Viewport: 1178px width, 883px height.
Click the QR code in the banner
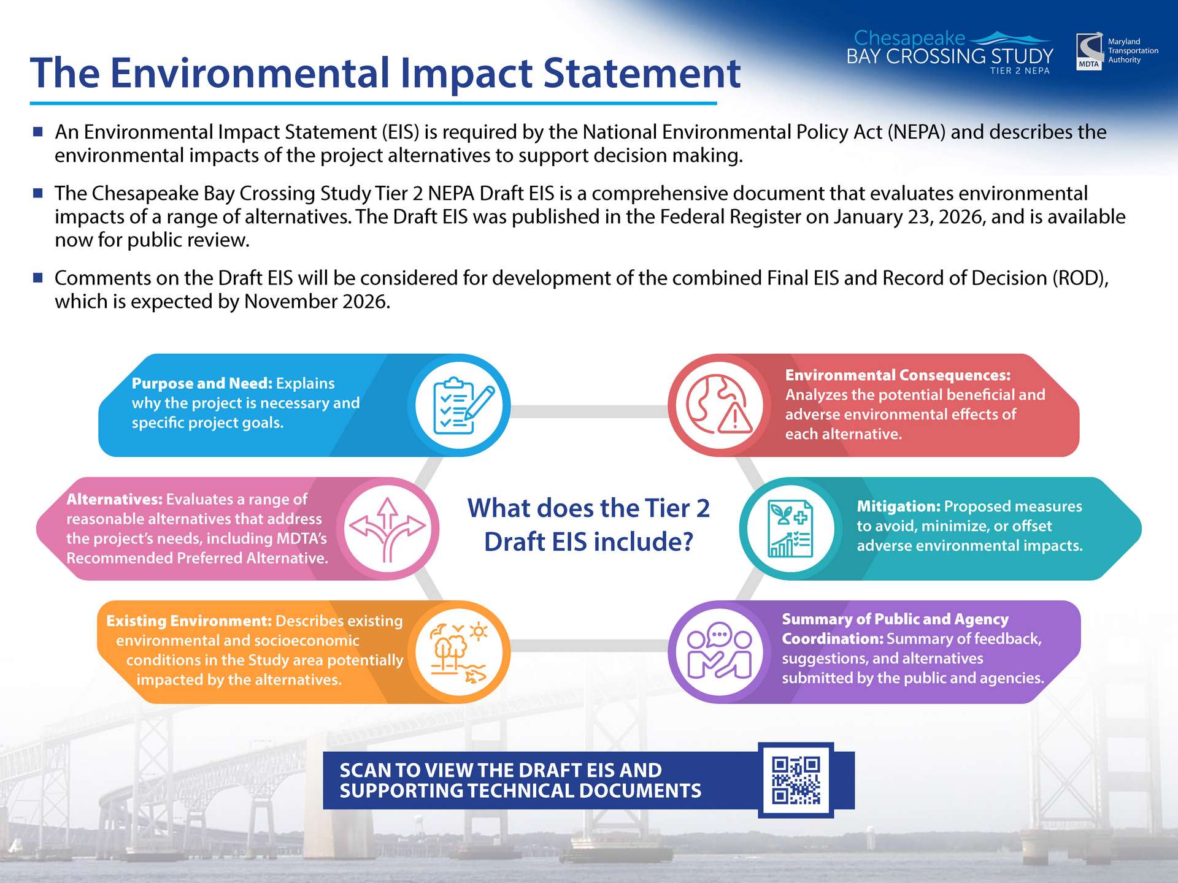coord(796,781)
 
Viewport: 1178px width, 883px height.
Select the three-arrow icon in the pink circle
coord(387,529)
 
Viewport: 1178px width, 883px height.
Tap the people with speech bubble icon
coord(719,651)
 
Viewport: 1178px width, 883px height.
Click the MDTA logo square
coord(1090,52)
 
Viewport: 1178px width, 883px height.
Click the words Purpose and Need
coord(202,383)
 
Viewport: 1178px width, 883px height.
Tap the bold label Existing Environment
coord(189,621)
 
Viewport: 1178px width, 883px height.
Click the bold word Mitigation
coord(899,506)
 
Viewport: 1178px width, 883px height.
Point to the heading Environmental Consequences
coord(898,375)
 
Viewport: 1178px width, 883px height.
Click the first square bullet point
coord(38,131)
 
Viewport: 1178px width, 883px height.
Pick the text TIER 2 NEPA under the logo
coord(1020,71)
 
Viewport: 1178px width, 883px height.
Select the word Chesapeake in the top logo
coord(909,39)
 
